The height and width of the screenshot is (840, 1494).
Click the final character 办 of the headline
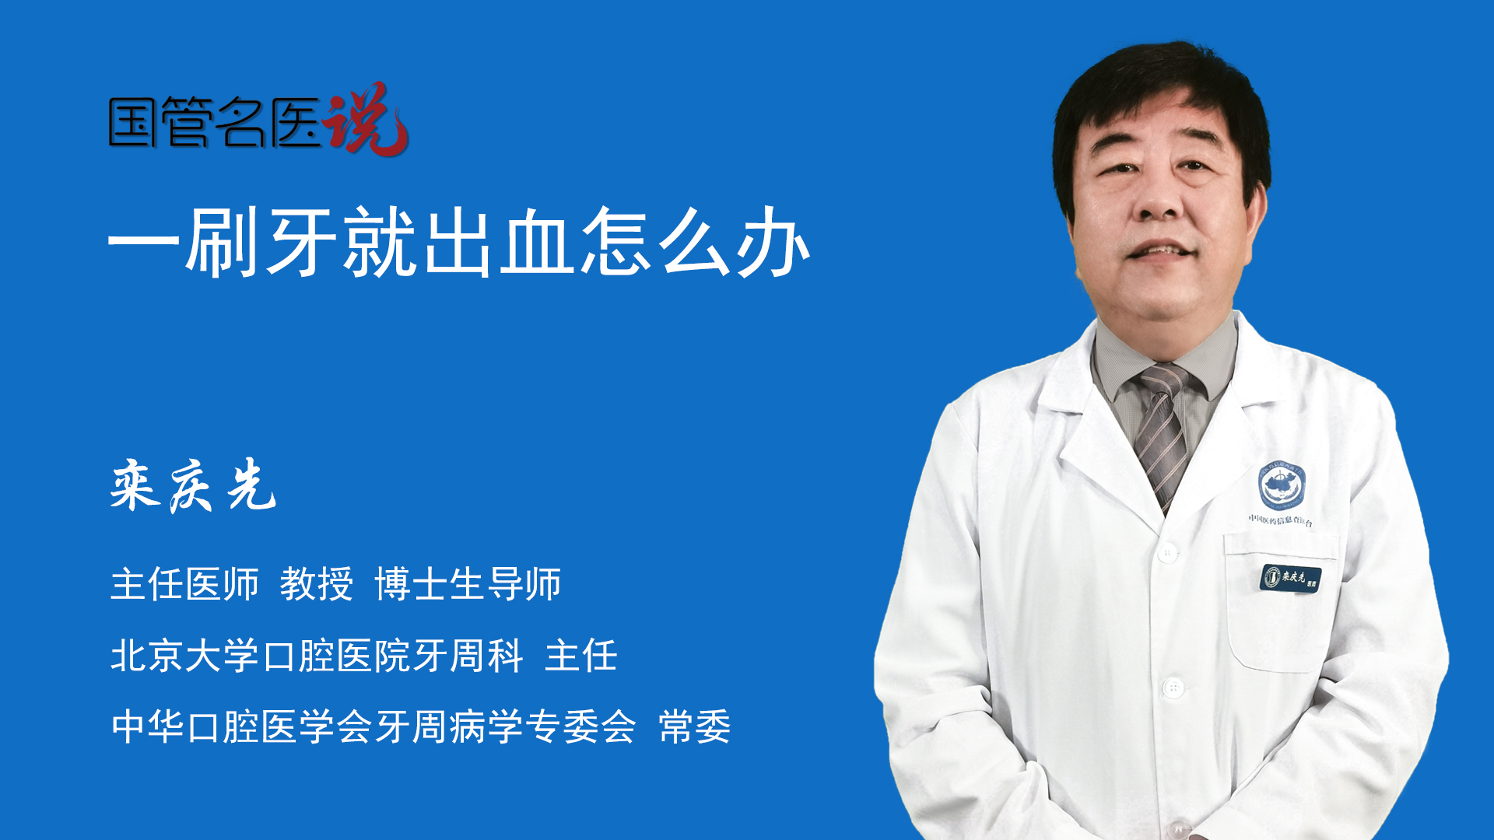(x=773, y=243)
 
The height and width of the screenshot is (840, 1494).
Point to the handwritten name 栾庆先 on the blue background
(x=193, y=485)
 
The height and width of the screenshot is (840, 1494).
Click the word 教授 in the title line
(x=316, y=584)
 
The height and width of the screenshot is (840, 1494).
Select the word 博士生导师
(x=468, y=584)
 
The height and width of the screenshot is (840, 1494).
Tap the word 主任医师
(x=184, y=584)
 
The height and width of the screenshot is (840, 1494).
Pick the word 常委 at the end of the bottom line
(x=694, y=727)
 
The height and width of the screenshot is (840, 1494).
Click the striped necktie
(x=1162, y=436)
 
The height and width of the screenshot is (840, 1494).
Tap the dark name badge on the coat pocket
(x=1290, y=578)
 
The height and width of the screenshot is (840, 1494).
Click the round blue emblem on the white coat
(x=1282, y=485)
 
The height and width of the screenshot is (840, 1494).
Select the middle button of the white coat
(x=1173, y=688)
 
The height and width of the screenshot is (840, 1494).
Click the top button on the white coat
(x=1167, y=553)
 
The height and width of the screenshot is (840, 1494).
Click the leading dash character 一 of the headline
(x=144, y=243)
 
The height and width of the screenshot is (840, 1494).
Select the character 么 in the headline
(x=695, y=243)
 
